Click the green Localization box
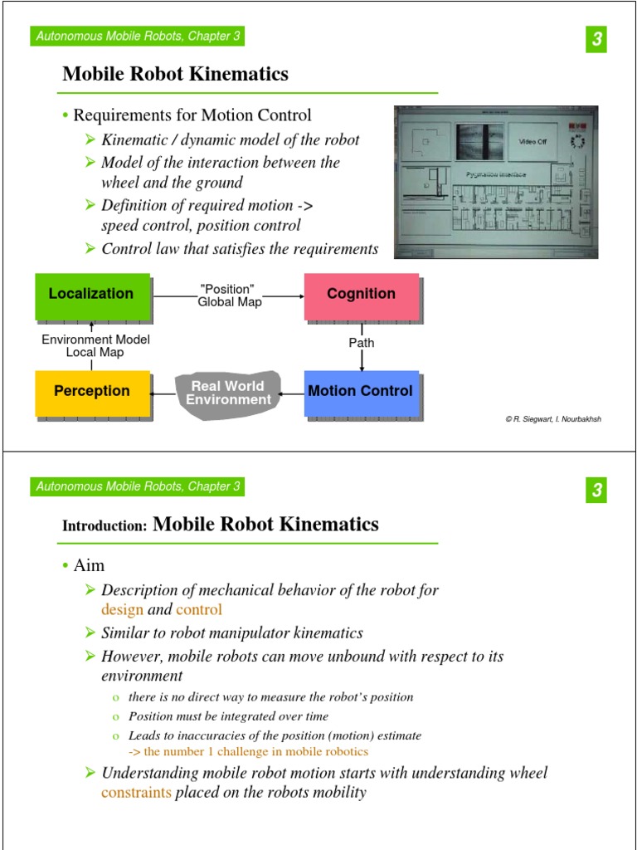click(x=91, y=295)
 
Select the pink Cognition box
click(x=361, y=295)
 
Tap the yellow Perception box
click(x=91, y=391)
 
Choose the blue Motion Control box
click(x=360, y=391)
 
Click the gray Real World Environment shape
click(x=228, y=393)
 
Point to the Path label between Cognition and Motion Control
click(x=362, y=342)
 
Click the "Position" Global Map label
click(x=229, y=296)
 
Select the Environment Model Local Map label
click(x=95, y=345)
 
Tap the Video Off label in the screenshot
click(x=532, y=142)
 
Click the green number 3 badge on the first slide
click(x=596, y=39)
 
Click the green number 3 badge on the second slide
click(x=596, y=491)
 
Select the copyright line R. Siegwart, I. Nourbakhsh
click(x=553, y=419)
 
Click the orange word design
click(x=122, y=609)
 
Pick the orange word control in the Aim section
click(x=199, y=609)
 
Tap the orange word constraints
click(x=136, y=792)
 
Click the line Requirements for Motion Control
click(x=192, y=115)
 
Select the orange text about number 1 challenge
click(x=248, y=751)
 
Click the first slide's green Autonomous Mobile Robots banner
click(x=138, y=36)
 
